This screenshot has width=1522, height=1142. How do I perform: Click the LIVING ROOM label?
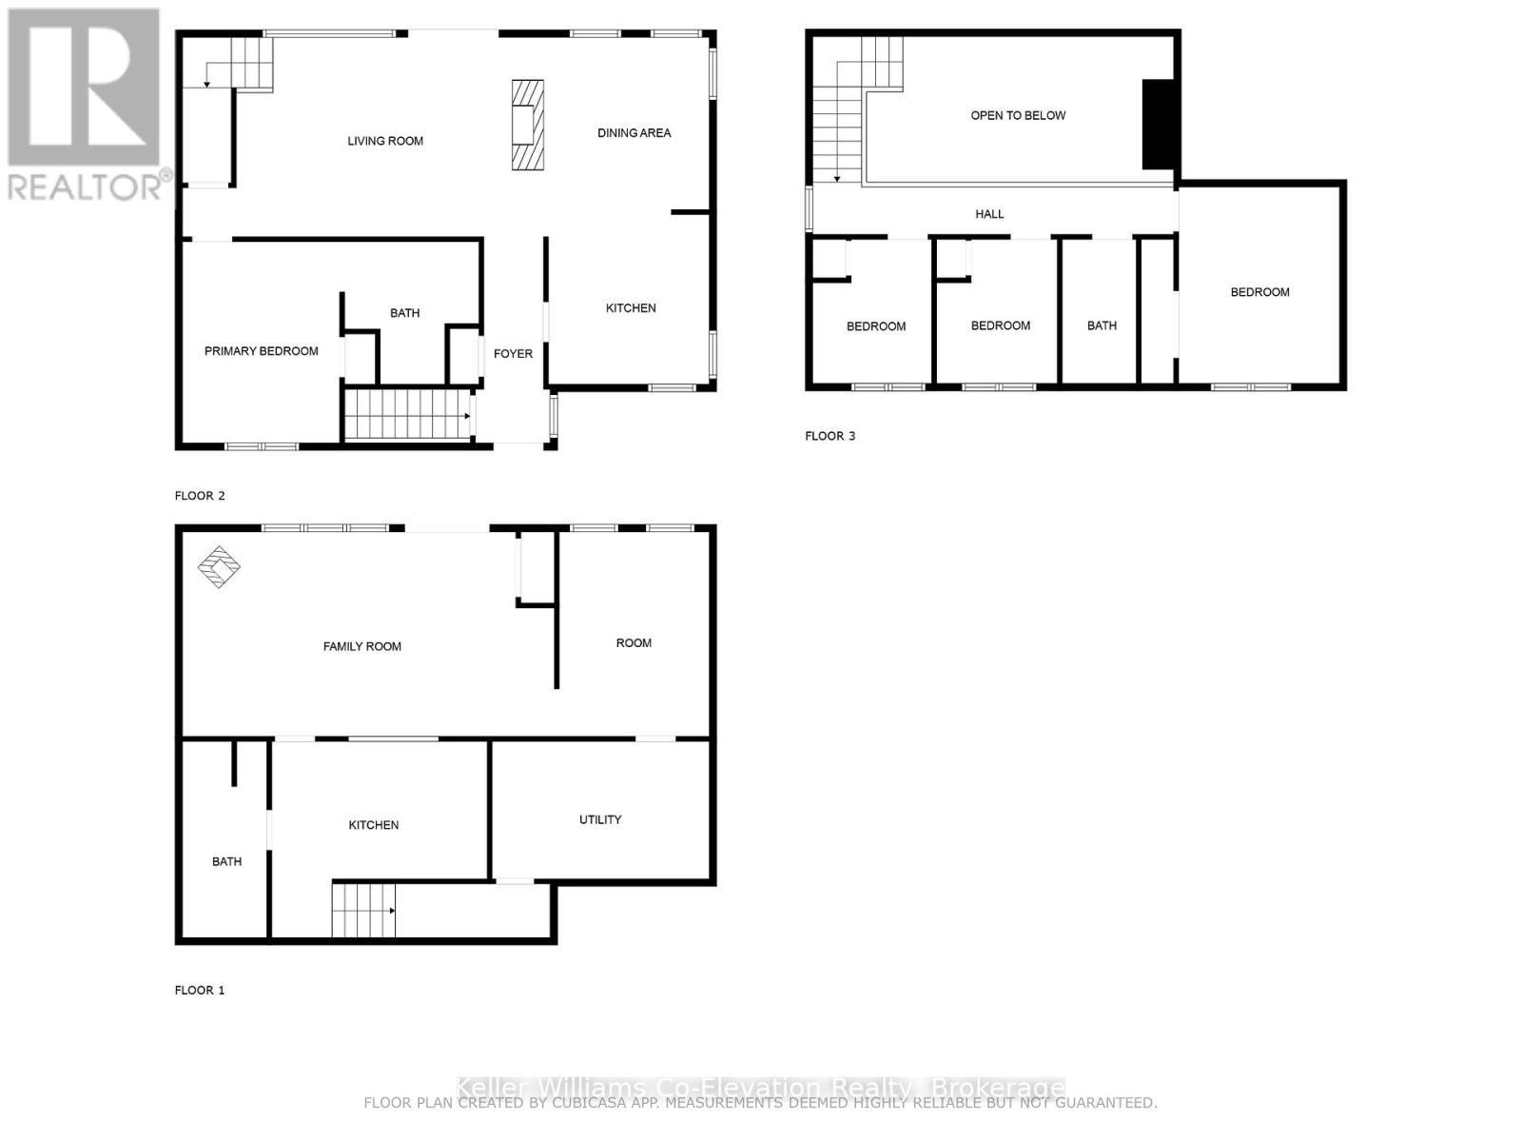(x=385, y=141)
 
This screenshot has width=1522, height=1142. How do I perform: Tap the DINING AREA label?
(x=634, y=133)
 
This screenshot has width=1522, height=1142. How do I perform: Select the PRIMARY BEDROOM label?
(x=261, y=351)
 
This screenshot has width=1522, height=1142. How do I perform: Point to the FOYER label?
(x=513, y=354)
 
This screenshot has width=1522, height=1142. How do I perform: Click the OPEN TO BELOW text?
(x=1018, y=115)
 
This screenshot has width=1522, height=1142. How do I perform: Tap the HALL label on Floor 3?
(x=989, y=214)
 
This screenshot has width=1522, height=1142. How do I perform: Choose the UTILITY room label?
(x=600, y=819)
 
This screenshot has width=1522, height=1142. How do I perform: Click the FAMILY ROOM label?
(x=361, y=646)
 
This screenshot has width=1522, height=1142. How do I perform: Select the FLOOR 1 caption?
(x=200, y=990)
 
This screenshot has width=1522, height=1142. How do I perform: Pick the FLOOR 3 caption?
(x=829, y=436)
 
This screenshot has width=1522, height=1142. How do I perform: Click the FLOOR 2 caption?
(x=200, y=495)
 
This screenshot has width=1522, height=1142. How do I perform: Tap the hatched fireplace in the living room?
(x=528, y=125)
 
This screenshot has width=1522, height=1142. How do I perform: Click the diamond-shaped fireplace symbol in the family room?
(x=219, y=567)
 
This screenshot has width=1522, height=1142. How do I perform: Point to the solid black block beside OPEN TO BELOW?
(x=1158, y=125)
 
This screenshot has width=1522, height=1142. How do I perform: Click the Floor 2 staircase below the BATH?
(x=408, y=414)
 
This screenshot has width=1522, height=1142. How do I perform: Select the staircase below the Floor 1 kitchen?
(x=362, y=910)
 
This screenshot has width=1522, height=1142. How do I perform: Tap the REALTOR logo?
(x=86, y=105)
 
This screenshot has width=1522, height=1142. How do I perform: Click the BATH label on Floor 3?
(x=1102, y=325)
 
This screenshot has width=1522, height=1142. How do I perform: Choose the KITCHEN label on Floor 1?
(x=373, y=825)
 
